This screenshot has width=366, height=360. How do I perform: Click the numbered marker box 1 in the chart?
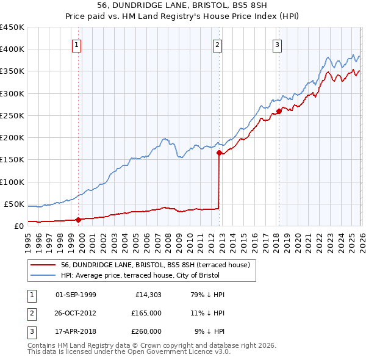click(77, 44)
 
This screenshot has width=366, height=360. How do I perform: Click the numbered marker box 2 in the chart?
click(218, 44)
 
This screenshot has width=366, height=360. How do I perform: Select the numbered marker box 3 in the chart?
click(277, 44)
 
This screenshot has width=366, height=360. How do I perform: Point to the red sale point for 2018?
click(278, 111)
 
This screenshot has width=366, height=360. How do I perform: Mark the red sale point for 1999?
click(78, 220)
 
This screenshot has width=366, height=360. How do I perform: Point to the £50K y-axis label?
click(15, 204)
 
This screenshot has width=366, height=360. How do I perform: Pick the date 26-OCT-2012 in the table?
click(76, 313)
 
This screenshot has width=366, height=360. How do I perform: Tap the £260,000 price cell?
click(146, 331)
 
